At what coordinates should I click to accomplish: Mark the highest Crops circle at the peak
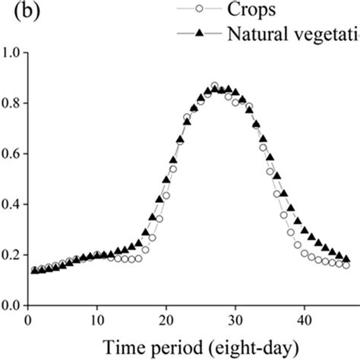(214, 87)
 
